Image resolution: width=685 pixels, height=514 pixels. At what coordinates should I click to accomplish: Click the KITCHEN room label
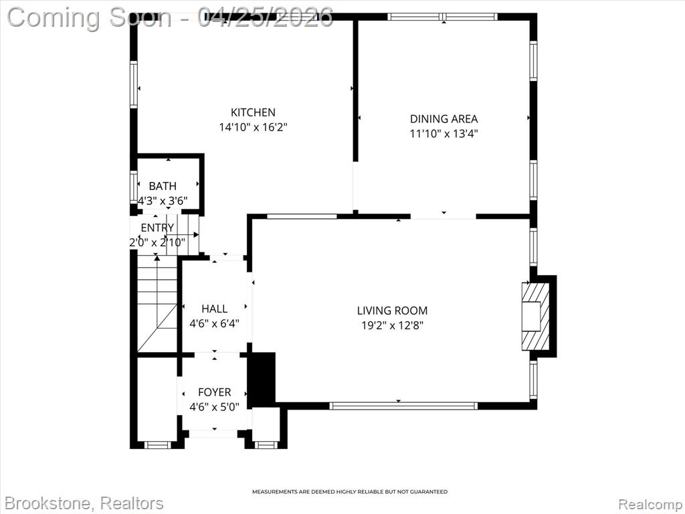[253, 112]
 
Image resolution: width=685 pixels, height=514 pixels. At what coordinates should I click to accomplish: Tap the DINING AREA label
[444, 118]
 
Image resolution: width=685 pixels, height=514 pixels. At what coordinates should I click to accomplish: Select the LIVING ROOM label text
[392, 311]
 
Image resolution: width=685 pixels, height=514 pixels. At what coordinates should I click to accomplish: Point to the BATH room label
[163, 186]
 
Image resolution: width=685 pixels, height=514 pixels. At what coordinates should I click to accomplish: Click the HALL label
[214, 309]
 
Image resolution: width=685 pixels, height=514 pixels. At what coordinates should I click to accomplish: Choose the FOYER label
[214, 392]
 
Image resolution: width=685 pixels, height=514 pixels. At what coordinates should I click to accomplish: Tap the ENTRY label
[157, 228]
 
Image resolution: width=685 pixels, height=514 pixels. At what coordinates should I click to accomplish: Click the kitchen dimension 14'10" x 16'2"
[253, 128]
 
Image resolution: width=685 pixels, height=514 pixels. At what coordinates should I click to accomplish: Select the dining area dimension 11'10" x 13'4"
[444, 134]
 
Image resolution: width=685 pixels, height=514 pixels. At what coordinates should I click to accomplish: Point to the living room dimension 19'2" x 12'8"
[392, 326]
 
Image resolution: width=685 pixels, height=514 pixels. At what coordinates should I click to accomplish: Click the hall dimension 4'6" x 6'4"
[214, 324]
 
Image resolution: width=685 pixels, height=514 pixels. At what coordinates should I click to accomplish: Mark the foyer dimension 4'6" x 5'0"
[214, 408]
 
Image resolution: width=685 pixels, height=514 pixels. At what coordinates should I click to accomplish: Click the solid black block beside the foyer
[262, 377]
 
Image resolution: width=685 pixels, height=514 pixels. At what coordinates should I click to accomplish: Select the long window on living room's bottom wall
[403, 406]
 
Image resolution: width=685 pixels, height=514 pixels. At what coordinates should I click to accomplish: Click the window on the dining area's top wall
[443, 17]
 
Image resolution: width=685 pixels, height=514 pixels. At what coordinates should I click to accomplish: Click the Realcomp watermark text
[650, 504]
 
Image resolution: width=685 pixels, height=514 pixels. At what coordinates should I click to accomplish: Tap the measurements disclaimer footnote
[350, 492]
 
